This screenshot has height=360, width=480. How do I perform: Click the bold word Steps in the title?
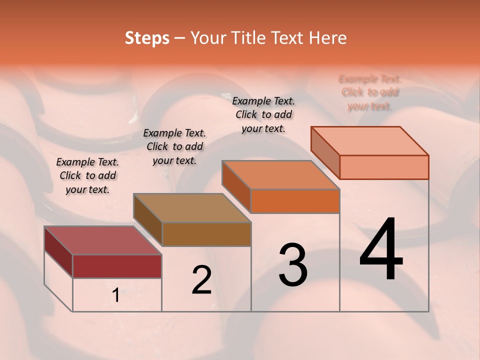147,38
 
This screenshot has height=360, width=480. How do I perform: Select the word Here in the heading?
328,38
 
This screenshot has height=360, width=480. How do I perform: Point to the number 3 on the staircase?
292,264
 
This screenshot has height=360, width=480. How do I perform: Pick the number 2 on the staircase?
201,280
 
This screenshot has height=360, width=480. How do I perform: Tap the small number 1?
116,295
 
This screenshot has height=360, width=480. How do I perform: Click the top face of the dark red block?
103,240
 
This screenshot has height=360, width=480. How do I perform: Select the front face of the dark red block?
117,266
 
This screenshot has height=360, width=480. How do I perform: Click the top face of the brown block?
192,207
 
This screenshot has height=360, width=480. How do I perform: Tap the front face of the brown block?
206,234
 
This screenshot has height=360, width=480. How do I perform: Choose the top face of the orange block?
280,174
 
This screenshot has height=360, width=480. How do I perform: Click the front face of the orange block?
295,201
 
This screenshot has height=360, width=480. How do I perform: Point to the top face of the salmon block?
370,140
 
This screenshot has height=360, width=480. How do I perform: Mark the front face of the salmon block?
384,167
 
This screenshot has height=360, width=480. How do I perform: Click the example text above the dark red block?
87,175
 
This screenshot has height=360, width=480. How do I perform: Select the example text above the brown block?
174,146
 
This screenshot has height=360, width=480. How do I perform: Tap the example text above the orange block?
263,114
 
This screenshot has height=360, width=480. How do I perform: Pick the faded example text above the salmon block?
370,92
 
